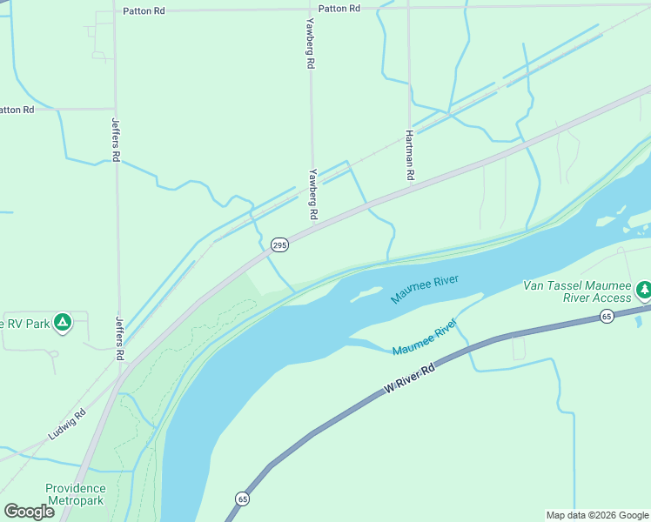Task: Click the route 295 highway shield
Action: (279, 245)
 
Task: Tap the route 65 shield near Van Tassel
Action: (607, 316)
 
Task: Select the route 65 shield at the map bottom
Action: (241, 499)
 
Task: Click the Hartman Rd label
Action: (409, 156)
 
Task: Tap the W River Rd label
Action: (409, 381)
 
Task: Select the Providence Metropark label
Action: (76, 494)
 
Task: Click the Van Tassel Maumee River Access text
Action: (576, 291)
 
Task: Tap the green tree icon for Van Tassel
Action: (643, 289)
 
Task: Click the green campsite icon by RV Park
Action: (62, 323)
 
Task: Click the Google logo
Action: (29, 511)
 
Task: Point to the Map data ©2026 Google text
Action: (596, 515)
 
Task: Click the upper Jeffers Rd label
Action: (115, 139)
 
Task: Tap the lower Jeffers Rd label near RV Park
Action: (120, 338)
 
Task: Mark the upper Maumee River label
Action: (424, 288)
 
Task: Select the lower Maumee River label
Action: (425, 338)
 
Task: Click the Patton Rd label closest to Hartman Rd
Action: (339, 8)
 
